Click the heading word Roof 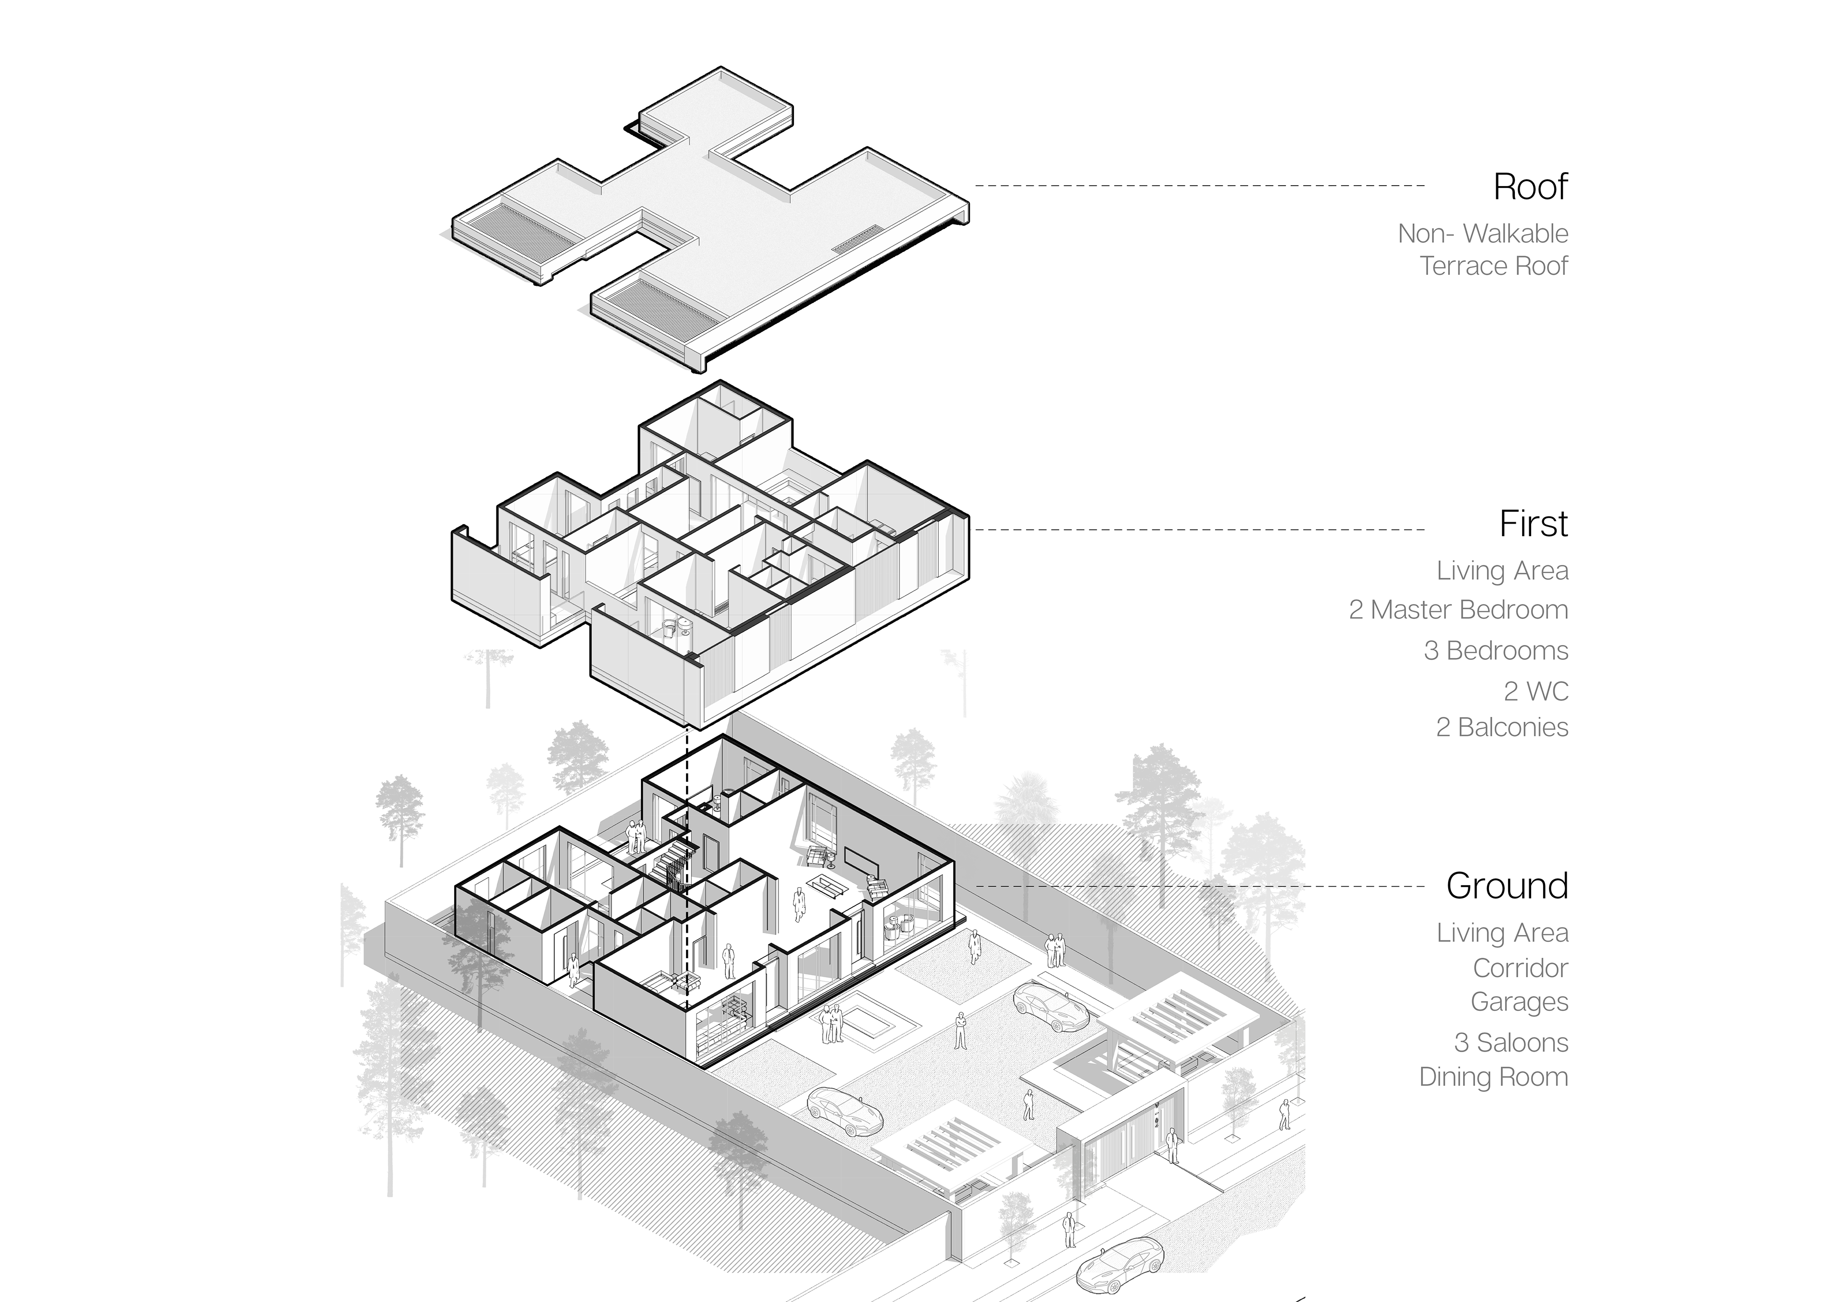click(x=1530, y=187)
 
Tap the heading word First click(x=1533, y=525)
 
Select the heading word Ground click(x=1507, y=886)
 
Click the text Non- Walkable click(x=1483, y=234)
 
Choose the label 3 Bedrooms click(x=1495, y=651)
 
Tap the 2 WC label click(x=1535, y=691)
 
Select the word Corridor click(x=1520, y=968)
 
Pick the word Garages click(x=1520, y=1002)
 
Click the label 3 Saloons click(x=1511, y=1043)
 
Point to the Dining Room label click(x=1493, y=1077)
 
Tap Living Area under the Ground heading click(x=1502, y=933)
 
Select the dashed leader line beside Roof click(x=1199, y=185)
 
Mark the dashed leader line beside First click(x=1199, y=529)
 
